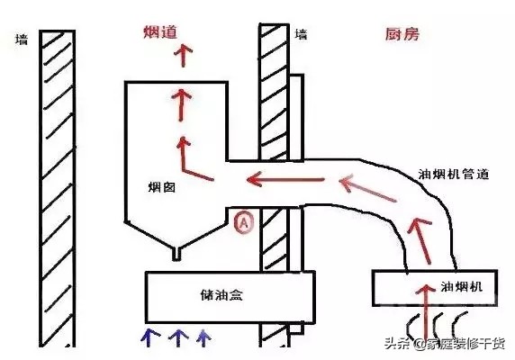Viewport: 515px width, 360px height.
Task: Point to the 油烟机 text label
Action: [460, 285]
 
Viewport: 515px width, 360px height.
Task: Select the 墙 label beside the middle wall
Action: [301, 35]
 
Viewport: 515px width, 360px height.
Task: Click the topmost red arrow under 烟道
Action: [185, 56]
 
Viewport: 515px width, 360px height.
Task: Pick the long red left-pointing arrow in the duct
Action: [278, 179]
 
